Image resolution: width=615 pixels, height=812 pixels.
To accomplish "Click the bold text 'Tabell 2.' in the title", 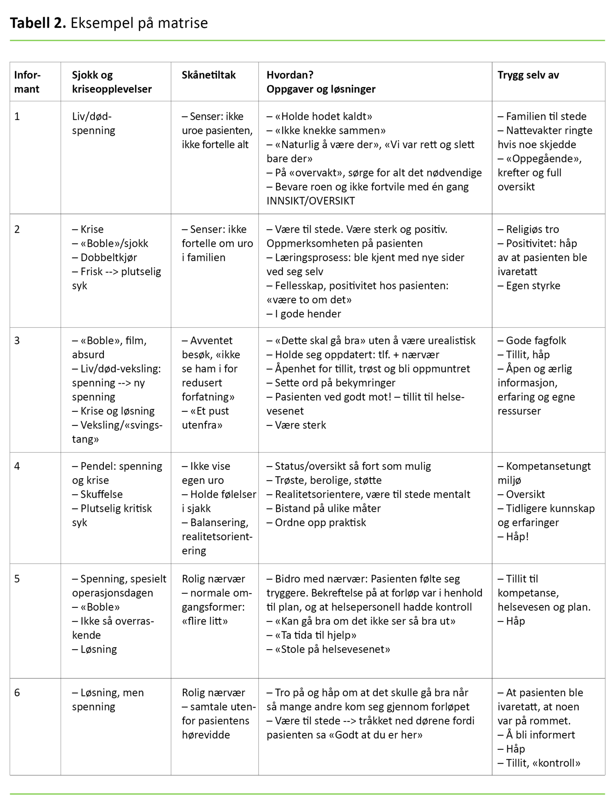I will click(38, 23).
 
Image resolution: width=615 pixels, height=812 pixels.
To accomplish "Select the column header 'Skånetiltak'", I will click(209, 75).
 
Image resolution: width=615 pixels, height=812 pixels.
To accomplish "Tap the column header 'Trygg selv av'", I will click(528, 75).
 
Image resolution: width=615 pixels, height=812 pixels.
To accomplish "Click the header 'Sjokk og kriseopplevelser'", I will click(112, 82).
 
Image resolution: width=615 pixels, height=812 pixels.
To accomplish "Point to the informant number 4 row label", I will click(17, 466).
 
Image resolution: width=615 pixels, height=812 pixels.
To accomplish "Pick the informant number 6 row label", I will click(17, 693).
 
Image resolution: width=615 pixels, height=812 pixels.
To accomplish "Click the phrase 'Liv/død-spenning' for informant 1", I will click(93, 123).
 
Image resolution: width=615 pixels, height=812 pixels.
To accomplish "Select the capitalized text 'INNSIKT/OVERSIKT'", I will click(310, 201).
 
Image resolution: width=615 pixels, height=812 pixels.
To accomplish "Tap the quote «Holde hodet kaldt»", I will click(323, 117).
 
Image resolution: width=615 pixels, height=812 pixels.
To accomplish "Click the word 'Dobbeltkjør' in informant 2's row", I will click(108, 257).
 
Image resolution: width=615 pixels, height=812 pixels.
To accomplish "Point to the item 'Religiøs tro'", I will click(532, 229).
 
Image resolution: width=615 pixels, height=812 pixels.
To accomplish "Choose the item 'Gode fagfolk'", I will click(535, 341).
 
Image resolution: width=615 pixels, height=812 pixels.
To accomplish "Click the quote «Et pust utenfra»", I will click(205, 418).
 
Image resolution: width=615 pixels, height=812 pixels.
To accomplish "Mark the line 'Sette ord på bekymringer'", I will click(335, 383).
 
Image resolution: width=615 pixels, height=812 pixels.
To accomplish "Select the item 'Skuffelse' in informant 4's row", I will click(101, 495).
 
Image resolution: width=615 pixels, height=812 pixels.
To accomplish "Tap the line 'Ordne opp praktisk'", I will click(320, 523).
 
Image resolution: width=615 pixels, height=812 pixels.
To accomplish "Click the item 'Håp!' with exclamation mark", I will click(517, 537).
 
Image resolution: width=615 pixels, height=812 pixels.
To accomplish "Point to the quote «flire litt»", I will click(204, 621).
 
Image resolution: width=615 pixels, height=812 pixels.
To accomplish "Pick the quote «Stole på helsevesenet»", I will click(332, 649).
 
